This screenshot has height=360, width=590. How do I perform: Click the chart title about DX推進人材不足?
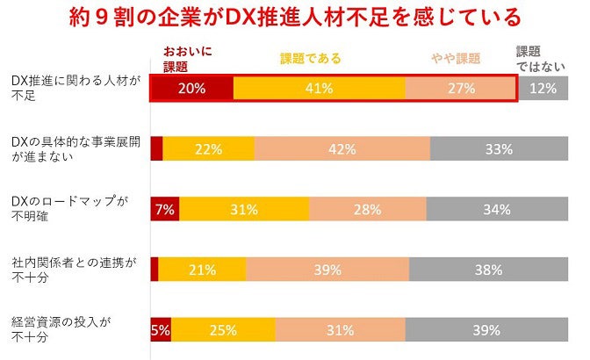click(295, 18)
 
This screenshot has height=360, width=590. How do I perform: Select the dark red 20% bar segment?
click(192, 89)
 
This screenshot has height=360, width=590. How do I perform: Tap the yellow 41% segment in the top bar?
click(320, 89)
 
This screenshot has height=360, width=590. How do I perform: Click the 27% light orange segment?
click(461, 89)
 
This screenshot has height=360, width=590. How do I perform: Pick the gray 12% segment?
click(550, 89)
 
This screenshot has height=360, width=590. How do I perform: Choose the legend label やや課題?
click(456, 59)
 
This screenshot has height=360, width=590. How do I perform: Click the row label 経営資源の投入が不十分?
click(63, 330)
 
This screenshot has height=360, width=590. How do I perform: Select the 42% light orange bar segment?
click(342, 148)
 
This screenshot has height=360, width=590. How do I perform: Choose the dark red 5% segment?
click(161, 330)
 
